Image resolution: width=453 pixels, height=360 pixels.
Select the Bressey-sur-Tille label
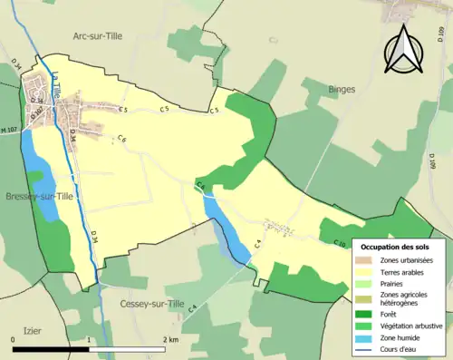[40, 197]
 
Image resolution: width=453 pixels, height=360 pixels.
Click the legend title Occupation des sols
[400, 247]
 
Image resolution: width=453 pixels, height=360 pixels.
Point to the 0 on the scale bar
[14, 340]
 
